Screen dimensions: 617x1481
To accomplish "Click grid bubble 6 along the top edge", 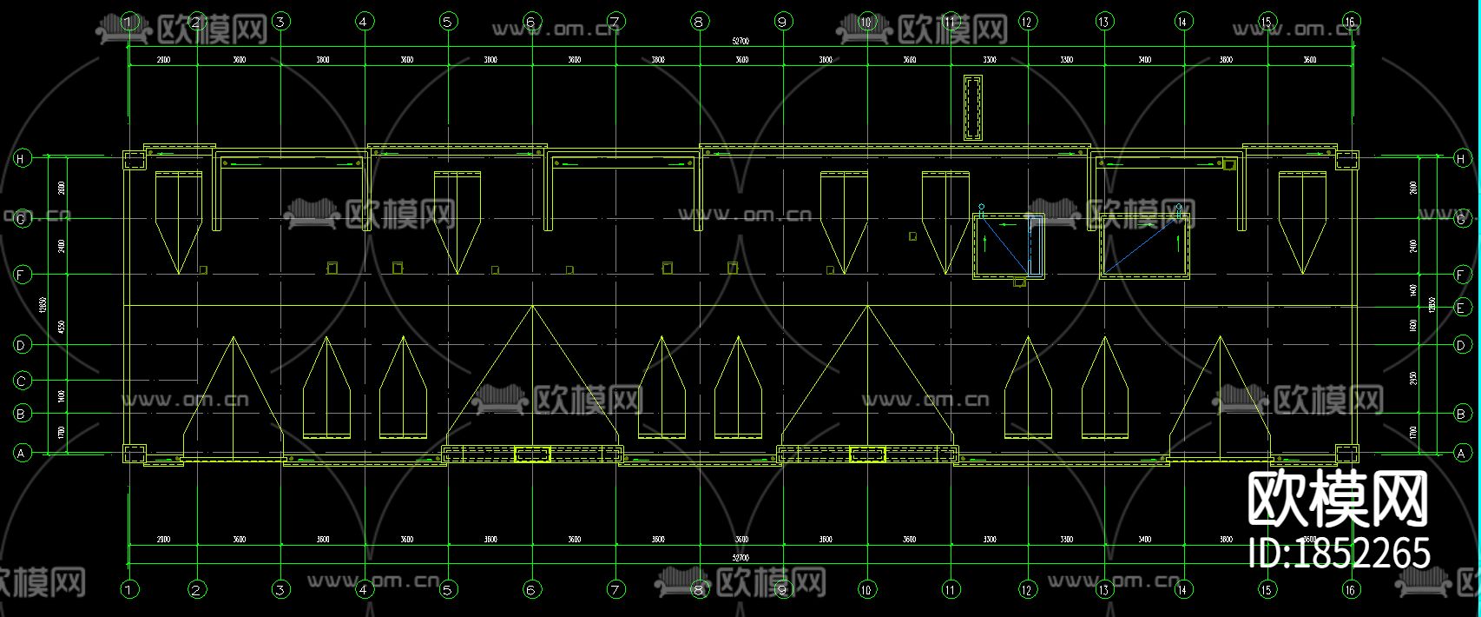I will [x=532, y=21].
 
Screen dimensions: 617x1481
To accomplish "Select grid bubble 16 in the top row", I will [x=1351, y=21].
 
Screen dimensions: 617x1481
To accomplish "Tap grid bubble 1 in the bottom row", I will [x=129, y=590].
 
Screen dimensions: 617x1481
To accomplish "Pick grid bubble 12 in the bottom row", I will [x=1028, y=590].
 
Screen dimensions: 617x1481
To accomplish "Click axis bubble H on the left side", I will [x=21, y=158].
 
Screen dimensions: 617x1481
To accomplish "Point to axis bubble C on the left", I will [x=21, y=380].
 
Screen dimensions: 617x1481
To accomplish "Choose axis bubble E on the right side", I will [x=1462, y=308].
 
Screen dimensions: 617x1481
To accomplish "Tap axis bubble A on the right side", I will [x=1462, y=453].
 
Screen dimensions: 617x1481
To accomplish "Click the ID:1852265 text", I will [x=1339, y=553].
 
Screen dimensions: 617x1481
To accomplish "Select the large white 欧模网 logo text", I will [x=1338, y=500].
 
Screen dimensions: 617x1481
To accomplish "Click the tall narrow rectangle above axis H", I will [x=972, y=107].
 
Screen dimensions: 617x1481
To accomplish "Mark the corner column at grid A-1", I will [x=134, y=454].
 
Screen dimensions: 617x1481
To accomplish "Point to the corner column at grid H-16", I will [x=1346, y=161].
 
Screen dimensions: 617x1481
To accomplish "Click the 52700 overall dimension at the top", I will [x=740, y=41].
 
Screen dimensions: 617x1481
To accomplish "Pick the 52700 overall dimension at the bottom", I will [x=740, y=557].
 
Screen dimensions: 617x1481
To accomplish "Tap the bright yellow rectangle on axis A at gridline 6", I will [x=532, y=454].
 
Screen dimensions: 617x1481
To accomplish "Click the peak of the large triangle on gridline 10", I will [x=866, y=306].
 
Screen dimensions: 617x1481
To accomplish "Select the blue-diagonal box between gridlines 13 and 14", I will [x=1144, y=246].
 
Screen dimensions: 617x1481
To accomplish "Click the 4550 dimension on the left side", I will [x=60, y=326].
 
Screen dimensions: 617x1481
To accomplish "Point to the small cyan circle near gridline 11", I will [x=981, y=207].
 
